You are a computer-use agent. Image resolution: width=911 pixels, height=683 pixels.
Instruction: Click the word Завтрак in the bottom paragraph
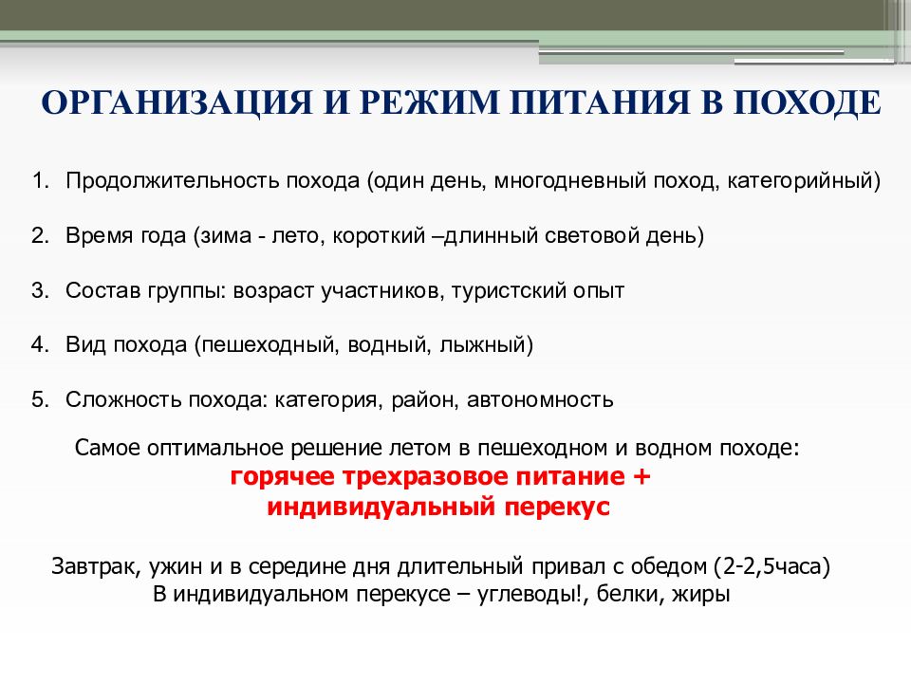(x=93, y=568)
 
